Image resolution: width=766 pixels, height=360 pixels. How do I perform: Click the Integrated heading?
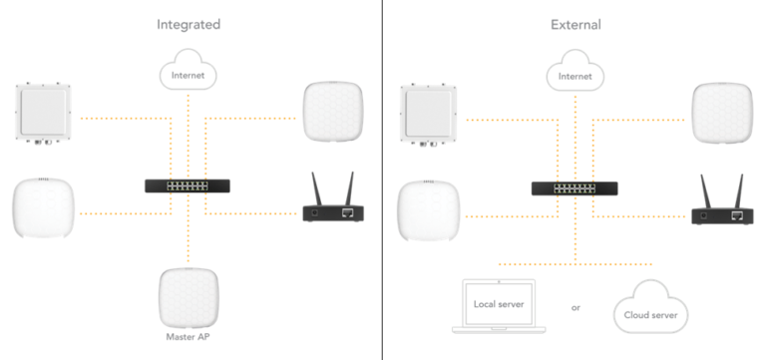(189, 24)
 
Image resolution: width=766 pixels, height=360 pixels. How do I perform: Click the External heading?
(575, 24)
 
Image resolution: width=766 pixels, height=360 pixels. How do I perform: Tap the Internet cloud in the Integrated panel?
(189, 70)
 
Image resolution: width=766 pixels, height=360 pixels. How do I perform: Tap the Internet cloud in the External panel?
(574, 71)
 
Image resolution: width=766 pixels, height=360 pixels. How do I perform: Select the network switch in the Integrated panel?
(188, 185)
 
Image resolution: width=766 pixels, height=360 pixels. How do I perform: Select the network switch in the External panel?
(574, 188)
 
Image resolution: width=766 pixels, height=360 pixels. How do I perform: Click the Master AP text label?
(189, 337)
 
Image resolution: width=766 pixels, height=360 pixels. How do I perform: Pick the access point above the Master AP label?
(189, 297)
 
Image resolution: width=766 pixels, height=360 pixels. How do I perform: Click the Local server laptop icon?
(499, 306)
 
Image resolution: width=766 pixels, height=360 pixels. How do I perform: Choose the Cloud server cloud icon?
(650, 307)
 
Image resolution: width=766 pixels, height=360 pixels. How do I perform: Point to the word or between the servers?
(575, 308)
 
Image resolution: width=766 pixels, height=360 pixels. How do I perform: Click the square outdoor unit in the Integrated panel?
(43, 114)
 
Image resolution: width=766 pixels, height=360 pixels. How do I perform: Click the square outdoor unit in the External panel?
(429, 116)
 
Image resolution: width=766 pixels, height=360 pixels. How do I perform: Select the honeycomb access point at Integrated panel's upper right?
(333, 112)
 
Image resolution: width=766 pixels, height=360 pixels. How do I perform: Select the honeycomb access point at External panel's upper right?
(722, 114)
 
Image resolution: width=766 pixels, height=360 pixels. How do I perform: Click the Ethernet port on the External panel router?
(738, 216)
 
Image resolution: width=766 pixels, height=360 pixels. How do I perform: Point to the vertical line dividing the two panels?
(382, 180)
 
